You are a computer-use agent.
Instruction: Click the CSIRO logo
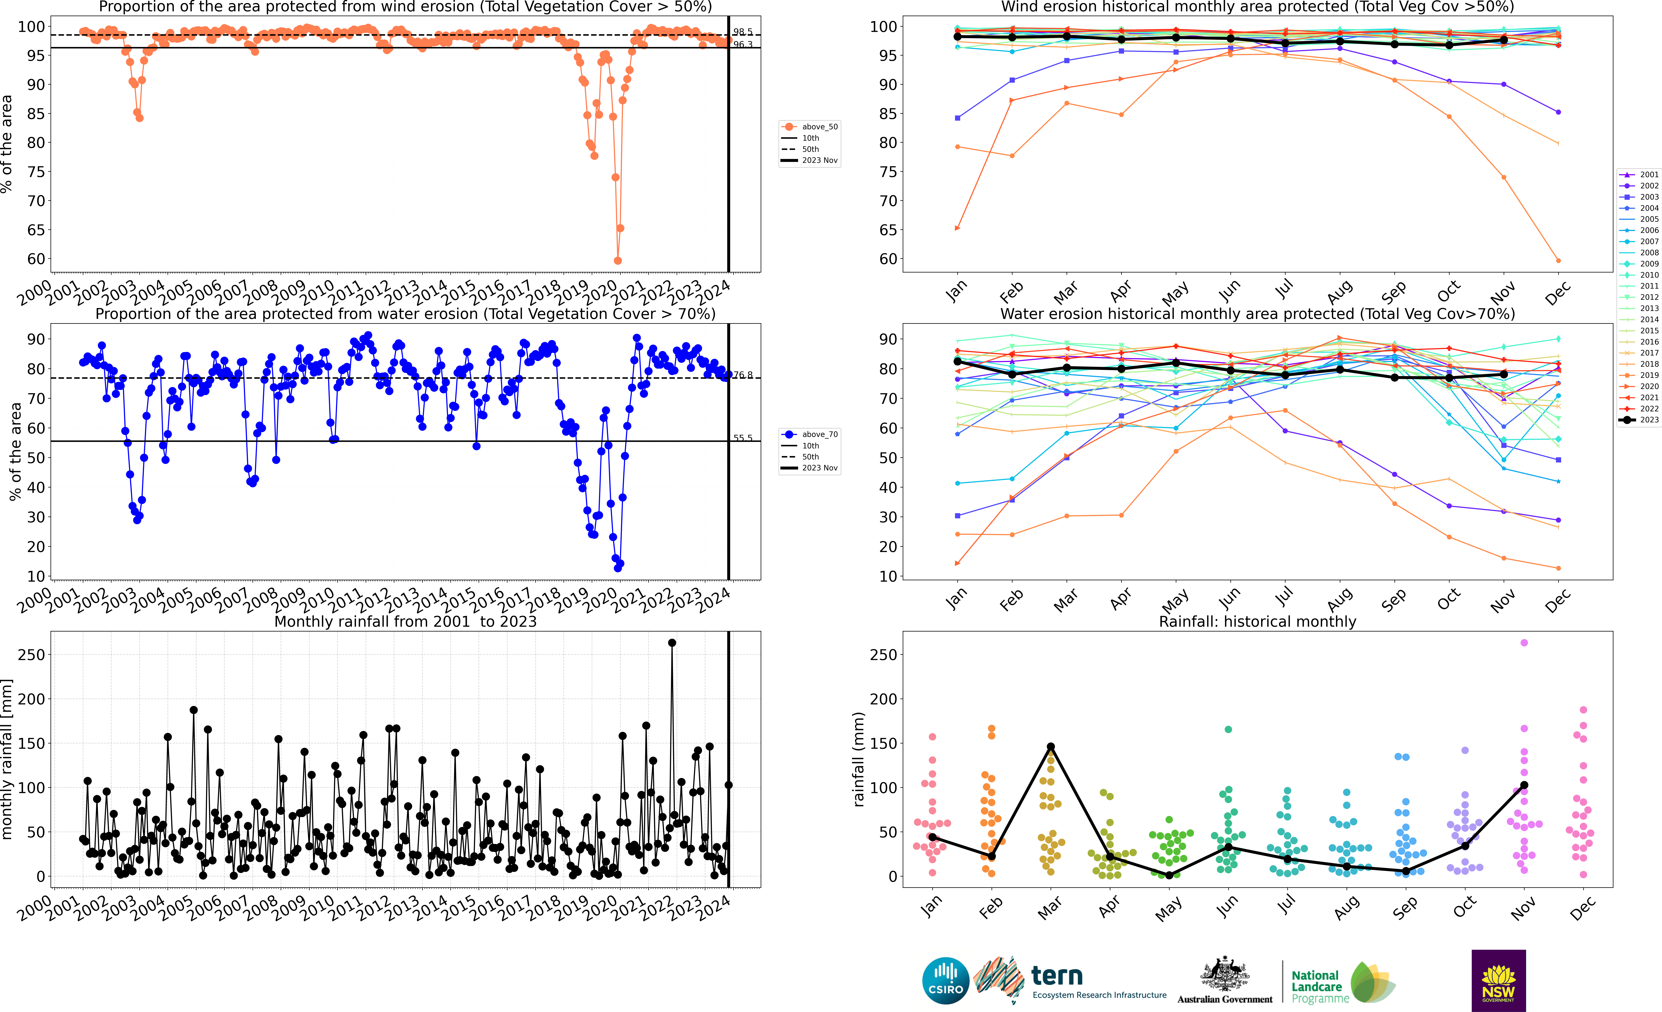pos(946,980)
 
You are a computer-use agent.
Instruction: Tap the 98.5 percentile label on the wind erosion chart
pos(743,32)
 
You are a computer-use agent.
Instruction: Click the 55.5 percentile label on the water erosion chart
pos(743,438)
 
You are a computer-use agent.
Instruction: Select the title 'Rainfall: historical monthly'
pos(1257,621)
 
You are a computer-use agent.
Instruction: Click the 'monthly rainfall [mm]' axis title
pos(7,759)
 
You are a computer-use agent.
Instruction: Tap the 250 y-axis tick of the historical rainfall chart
pos(884,654)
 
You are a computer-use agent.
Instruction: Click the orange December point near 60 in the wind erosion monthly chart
pos(1558,260)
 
